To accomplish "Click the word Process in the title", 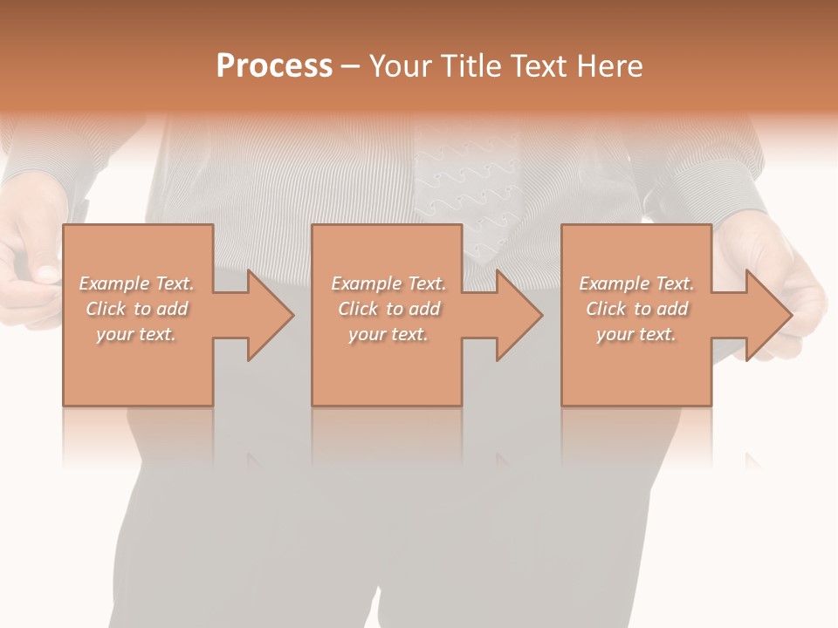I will (274, 66).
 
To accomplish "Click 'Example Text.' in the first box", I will (137, 283).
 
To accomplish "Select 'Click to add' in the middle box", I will (388, 309).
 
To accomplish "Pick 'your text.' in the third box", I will (636, 334).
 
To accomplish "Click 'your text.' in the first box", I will (137, 334).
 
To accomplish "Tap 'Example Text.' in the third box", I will (636, 283).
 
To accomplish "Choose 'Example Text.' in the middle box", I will (388, 283).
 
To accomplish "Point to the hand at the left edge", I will (31, 262).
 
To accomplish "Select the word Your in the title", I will (401, 66).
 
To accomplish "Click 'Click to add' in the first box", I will (137, 309).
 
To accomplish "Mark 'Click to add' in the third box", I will (636, 309).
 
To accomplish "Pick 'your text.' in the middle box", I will (388, 334).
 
